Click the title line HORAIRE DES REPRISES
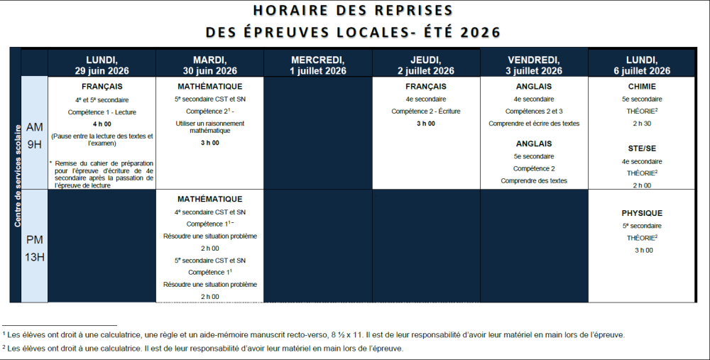[353, 11]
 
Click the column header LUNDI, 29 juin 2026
[102, 65]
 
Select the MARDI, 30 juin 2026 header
[209, 65]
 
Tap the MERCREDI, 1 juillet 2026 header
[318, 65]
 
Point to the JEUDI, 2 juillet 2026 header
[426, 65]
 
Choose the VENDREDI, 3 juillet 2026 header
[534, 65]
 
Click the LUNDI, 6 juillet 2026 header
[642, 65]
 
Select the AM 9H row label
[34, 134]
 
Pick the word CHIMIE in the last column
[642, 87]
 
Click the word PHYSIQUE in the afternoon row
[642, 213]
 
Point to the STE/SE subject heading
[642, 149]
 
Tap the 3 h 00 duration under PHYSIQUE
[642, 250]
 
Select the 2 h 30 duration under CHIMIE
[642, 124]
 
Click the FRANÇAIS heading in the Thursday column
[426, 87]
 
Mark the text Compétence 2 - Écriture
[426, 111]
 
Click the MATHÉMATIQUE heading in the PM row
[209, 200]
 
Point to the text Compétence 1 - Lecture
[102, 112]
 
